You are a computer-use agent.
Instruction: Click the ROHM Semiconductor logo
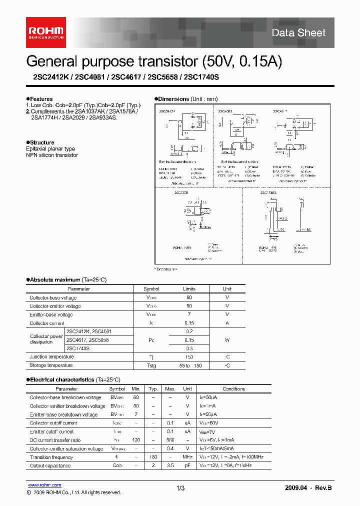point(45,32)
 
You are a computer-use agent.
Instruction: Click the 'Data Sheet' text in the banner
point(298,33)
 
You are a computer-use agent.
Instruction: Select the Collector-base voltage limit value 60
point(189,297)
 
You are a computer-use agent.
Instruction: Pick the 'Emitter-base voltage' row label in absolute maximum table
point(51,314)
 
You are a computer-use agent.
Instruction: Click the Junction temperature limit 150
point(189,357)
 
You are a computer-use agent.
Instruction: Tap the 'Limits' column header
point(189,289)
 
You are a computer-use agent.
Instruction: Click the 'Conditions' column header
point(233,388)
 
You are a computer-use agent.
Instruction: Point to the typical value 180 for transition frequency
point(153,457)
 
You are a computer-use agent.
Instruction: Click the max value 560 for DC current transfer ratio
point(170,440)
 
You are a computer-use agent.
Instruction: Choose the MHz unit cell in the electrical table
point(187,457)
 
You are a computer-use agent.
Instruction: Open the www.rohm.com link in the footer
point(44,485)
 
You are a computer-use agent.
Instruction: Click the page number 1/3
point(180,487)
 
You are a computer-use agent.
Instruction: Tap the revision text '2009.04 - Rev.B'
point(308,487)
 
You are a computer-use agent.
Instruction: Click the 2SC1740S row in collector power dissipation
point(77,348)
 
